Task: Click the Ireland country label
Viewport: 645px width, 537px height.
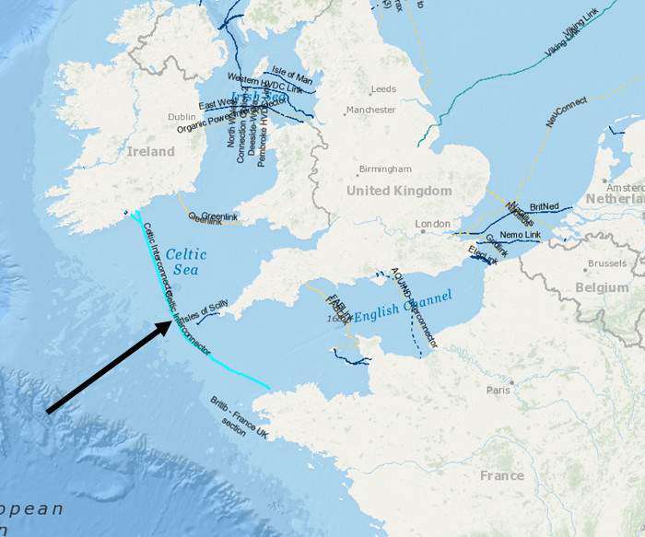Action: coord(150,151)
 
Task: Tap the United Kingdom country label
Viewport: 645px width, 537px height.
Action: coord(399,191)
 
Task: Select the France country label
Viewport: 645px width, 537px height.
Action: coord(501,475)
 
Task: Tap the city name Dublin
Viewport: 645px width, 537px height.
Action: coord(182,117)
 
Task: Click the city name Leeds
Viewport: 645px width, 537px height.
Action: coord(383,89)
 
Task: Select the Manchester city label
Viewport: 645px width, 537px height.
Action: coord(370,111)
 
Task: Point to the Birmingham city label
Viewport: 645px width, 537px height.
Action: coord(385,169)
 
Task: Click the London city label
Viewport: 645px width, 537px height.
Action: coord(432,224)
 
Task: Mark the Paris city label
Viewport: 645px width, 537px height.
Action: coord(498,390)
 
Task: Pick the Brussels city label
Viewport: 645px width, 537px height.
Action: coord(606,263)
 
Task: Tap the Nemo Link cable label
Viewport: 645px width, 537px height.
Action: coord(520,236)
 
